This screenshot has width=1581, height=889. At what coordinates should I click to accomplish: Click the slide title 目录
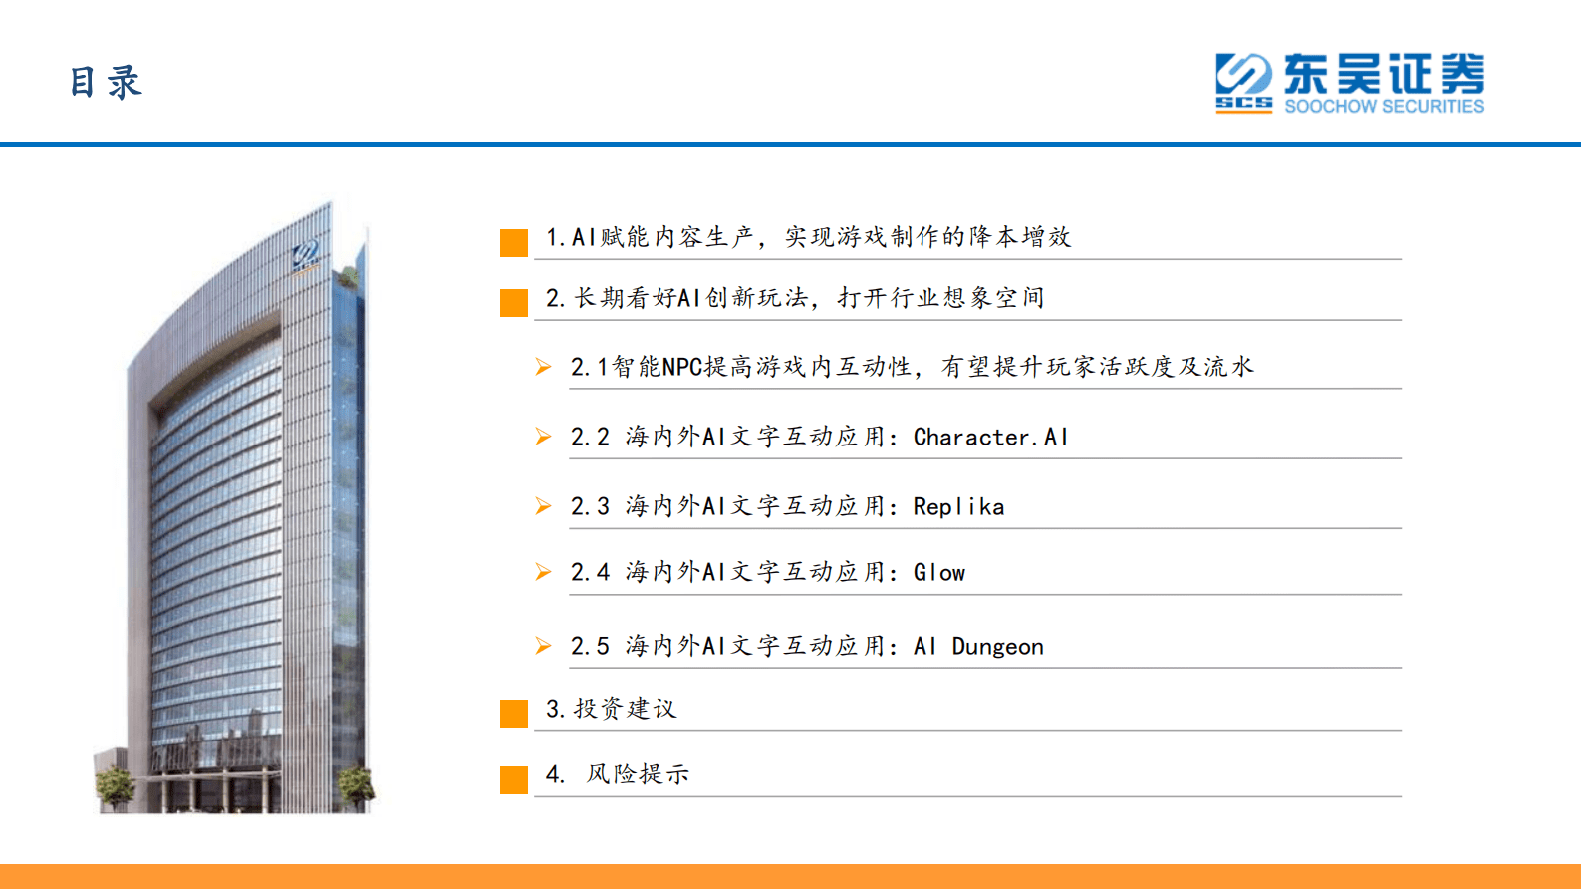click(x=106, y=83)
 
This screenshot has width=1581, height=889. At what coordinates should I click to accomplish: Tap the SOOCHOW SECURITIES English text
click(x=1384, y=106)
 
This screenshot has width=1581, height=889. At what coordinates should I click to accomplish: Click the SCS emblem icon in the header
click(x=1243, y=82)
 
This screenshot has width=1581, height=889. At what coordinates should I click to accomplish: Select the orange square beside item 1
click(x=514, y=243)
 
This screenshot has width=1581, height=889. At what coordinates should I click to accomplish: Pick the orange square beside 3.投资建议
click(x=514, y=714)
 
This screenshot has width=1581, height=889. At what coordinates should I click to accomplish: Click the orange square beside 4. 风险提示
click(x=514, y=780)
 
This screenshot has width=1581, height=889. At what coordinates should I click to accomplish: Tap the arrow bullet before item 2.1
click(x=543, y=367)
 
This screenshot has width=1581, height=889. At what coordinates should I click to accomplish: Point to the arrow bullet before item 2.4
click(x=543, y=572)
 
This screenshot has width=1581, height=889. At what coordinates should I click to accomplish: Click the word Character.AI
click(x=990, y=437)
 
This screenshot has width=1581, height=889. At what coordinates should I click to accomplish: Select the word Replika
click(x=958, y=507)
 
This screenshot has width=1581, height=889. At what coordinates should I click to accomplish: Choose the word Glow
click(x=939, y=573)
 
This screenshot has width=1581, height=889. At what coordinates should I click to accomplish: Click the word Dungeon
click(x=997, y=647)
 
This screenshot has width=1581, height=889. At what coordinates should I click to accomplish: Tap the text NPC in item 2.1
click(x=682, y=367)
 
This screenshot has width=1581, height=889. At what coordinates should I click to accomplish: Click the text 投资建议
click(x=625, y=709)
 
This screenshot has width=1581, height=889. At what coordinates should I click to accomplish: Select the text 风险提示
click(x=638, y=774)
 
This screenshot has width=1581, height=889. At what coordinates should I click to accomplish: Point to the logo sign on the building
click(x=306, y=255)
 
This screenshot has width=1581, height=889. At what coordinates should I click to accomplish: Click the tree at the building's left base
click(x=116, y=786)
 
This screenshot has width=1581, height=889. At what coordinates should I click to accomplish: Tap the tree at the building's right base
click(x=356, y=785)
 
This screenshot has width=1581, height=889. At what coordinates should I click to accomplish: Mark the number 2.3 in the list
click(x=590, y=507)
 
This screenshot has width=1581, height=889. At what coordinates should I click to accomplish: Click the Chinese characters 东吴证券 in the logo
click(x=1384, y=74)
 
